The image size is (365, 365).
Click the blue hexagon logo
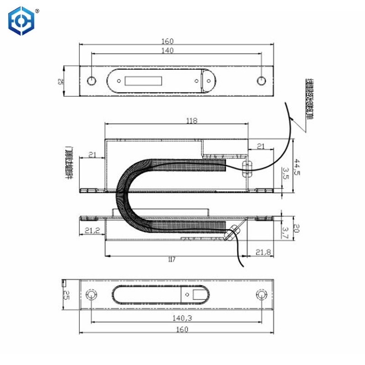[x=22, y=21]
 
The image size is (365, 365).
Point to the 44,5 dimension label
[x=297, y=167]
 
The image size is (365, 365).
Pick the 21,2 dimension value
[x=92, y=231]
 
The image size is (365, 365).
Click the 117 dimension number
[x=172, y=259]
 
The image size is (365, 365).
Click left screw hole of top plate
[x=91, y=81]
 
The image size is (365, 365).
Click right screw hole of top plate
[x=261, y=81]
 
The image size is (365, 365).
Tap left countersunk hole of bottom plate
[x=91, y=295]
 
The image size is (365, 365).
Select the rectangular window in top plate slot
[x=143, y=81]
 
